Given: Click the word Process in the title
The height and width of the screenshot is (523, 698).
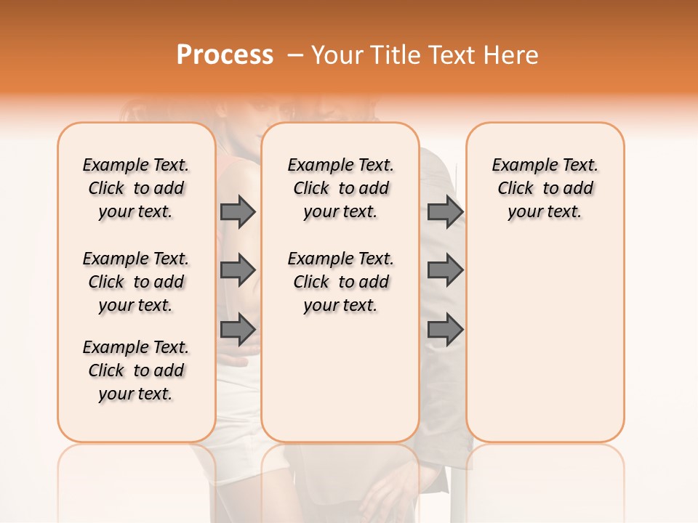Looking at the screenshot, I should click(x=225, y=55).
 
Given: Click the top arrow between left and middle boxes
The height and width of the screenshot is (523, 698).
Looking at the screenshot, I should click(x=238, y=211).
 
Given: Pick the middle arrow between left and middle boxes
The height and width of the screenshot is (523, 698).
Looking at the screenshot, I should click(x=238, y=270).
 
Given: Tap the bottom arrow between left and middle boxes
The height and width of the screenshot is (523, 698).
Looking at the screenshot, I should click(x=238, y=329).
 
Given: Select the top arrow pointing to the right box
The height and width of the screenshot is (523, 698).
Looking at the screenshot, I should click(x=445, y=211).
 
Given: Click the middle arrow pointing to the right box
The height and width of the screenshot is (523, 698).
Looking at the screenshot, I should click(x=445, y=270).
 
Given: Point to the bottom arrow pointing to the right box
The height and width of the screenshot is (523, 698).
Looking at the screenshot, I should click(x=445, y=329).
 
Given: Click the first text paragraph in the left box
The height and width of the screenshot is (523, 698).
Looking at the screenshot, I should click(x=136, y=188).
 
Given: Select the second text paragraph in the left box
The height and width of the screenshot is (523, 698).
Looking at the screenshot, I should click(x=136, y=282).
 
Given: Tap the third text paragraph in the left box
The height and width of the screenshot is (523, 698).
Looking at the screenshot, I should click(x=136, y=370).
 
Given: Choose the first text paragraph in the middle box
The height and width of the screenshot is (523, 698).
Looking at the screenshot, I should click(x=340, y=188).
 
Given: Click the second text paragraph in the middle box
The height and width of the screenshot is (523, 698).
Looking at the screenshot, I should click(x=340, y=282).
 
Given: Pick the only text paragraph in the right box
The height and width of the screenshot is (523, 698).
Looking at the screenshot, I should click(x=545, y=188).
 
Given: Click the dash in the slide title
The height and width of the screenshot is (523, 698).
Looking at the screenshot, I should click(x=294, y=55).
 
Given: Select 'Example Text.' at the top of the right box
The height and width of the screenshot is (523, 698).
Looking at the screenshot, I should click(x=545, y=165).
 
